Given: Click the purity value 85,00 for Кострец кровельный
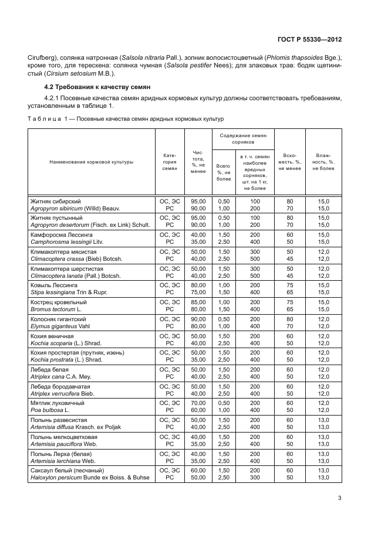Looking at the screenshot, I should point(198,302).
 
